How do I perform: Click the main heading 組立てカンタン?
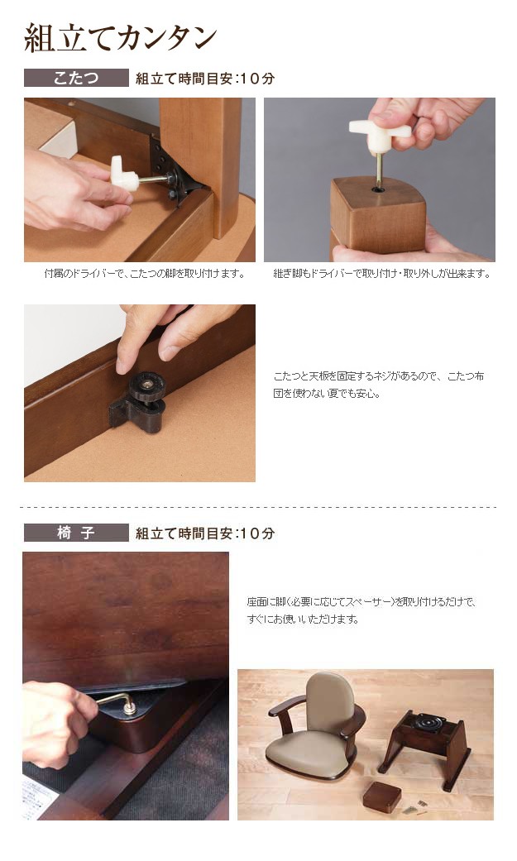(120, 38)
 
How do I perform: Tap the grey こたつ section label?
(76, 78)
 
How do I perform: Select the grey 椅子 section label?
(76, 533)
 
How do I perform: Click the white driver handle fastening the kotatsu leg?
(125, 173)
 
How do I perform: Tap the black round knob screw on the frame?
(146, 386)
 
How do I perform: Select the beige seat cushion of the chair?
(308, 754)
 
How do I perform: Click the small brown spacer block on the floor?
(382, 796)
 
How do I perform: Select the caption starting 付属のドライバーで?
(145, 274)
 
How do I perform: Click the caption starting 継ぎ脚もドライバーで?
(382, 274)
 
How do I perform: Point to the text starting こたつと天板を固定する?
(379, 385)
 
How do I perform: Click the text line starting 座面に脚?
(361, 602)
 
